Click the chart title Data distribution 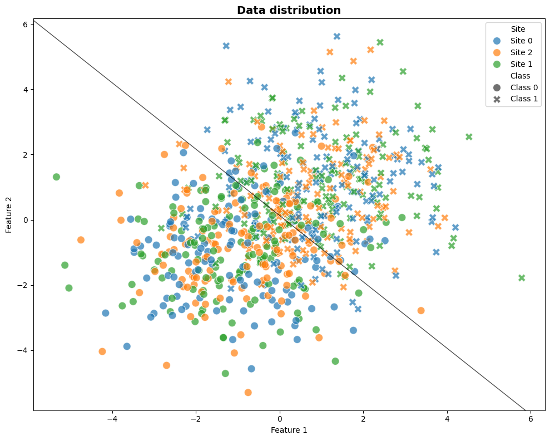pos(289,10)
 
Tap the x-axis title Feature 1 pos(289,430)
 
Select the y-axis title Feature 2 pos(9,214)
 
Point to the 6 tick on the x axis pos(531,418)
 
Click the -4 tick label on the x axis pos(112,418)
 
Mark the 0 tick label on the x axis pos(280,418)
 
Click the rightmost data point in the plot pos(522,278)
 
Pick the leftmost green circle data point pos(56,177)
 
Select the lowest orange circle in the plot pos(248,392)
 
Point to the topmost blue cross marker pos(337,36)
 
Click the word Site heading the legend pos(518,29)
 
